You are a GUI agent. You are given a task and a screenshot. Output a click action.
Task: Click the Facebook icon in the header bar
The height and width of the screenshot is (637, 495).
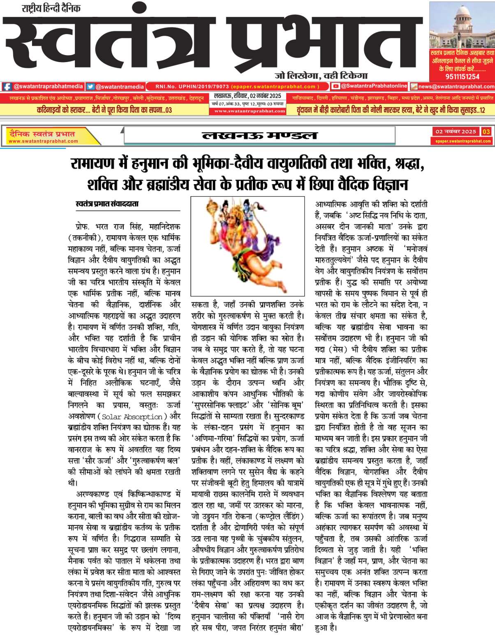[7, 87]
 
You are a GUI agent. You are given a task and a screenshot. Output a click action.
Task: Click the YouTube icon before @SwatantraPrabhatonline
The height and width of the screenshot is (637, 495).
[336, 86]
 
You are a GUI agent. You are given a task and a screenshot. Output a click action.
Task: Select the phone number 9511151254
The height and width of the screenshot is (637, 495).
[462, 76]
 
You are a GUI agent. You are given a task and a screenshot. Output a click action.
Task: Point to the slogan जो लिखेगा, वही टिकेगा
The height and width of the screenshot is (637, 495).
[321, 75]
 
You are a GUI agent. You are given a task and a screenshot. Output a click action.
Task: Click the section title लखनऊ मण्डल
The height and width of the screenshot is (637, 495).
[259, 135]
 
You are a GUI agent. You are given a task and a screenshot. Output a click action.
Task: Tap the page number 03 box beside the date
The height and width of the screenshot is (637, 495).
[486, 132]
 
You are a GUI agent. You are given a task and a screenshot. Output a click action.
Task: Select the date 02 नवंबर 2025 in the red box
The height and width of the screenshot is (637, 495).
[456, 132]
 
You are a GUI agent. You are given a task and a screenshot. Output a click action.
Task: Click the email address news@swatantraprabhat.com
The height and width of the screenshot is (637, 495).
[456, 87]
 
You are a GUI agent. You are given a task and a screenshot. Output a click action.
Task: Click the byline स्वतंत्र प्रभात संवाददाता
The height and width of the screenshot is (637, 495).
[107, 204]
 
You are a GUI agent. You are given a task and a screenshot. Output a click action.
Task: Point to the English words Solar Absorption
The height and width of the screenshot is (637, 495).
[132, 417]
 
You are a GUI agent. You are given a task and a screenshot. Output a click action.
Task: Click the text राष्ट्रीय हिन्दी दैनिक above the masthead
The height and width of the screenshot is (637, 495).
[51, 8]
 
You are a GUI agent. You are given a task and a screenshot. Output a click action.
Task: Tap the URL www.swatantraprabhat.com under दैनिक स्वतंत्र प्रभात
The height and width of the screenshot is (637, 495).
[43, 141]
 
